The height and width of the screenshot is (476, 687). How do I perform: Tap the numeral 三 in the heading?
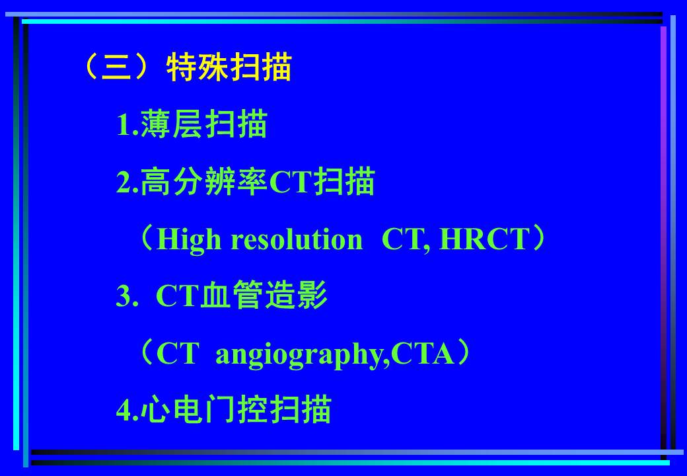pyautogui.click(x=116, y=67)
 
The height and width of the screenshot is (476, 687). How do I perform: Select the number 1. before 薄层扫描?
pyautogui.click(x=127, y=125)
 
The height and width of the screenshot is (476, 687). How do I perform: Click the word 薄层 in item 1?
pyautogui.click(x=172, y=124)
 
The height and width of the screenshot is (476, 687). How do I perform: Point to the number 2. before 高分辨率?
pyautogui.click(x=127, y=182)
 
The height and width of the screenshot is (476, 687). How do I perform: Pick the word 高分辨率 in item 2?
pyautogui.click(x=204, y=181)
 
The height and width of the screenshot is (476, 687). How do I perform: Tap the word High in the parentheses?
pyautogui.click(x=189, y=240)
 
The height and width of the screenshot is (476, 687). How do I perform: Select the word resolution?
pyautogui.click(x=297, y=240)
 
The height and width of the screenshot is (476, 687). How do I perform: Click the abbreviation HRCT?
pyautogui.click(x=484, y=239)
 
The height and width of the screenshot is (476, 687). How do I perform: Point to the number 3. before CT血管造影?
pyautogui.click(x=127, y=296)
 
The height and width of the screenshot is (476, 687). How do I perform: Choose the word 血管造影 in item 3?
pyautogui.click(x=264, y=296)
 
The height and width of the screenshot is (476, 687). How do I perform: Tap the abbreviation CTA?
pyautogui.click(x=422, y=354)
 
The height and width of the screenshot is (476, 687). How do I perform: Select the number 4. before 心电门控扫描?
pyautogui.click(x=127, y=411)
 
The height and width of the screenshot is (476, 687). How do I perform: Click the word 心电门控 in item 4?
pyautogui.click(x=204, y=409)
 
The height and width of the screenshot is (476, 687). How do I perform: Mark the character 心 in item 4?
pyautogui.click(x=157, y=409)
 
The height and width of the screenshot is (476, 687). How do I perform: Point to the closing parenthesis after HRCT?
pyautogui.click(x=538, y=239)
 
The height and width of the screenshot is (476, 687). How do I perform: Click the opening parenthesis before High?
pyautogui.click(x=147, y=239)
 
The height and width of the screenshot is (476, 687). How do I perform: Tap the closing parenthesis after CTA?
pyautogui.click(x=463, y=353)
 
